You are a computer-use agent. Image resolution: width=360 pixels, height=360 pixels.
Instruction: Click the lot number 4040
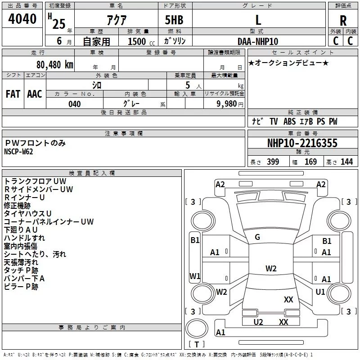click(x=22, y=18)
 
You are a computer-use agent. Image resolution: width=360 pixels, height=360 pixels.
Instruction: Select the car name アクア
click(x=117, y=20)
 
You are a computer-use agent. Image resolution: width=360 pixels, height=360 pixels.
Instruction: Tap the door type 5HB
click(x=174, y=20)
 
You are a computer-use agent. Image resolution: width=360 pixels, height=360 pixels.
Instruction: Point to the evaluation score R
click(x=343, y=21)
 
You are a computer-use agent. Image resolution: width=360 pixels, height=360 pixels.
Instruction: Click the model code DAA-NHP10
click(x=258, y=41)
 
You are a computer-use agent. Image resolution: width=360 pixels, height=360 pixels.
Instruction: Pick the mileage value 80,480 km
click(x=55, y=65)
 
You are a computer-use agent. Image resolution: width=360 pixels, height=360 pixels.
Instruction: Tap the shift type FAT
click(x=13, y=94)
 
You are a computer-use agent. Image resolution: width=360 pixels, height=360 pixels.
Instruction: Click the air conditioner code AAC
click(x=35, y=94)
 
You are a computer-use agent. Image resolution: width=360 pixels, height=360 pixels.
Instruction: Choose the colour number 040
click(x=75, y=104)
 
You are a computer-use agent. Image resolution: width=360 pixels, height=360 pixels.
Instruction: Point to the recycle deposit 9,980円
click(x=230, y=104)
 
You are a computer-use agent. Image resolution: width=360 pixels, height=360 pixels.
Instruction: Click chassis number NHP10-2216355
click(x=302, y=143)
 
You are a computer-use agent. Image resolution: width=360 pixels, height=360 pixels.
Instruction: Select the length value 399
click(x=273, y=162)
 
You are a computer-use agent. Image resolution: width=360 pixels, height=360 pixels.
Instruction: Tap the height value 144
click(x=346, y=162)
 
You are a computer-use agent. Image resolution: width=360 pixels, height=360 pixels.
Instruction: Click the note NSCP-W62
click(x=18, y=152)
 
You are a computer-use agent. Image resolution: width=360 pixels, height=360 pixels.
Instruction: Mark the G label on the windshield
click(x=257, y=237)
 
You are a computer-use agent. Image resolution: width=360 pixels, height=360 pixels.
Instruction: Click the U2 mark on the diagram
click(x=258, y=322)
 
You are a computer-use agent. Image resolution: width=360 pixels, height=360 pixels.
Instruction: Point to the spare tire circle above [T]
click(x=197, y=328)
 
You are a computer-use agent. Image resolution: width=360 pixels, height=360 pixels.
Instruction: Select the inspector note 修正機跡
click(x=17, y=206)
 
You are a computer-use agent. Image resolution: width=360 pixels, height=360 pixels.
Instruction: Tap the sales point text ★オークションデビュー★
click(x=288, y=63)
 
